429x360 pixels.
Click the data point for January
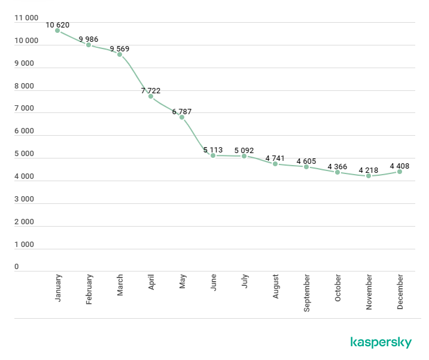[57, 30]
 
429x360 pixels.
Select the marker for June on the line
[213, 155]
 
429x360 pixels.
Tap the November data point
[369, 176]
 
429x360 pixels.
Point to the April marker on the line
[151, 96]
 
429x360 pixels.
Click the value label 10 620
[57, 25]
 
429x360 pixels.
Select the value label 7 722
[151, 90]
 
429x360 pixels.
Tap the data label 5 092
[244, 150]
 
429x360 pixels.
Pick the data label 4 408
[400, 166]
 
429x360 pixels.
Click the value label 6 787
[182, 111]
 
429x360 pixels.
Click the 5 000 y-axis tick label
[25, 154]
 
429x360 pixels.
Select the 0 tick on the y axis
[17, 267]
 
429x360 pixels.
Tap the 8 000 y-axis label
[25, 86]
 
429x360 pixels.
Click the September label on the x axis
[307, 292]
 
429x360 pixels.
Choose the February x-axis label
[89, 289]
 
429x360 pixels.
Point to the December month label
[400, 291]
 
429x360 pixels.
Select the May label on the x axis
[182, 282]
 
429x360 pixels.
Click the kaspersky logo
[381, 342]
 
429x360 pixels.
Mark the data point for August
[275, 164]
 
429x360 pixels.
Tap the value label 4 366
[337, 166]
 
